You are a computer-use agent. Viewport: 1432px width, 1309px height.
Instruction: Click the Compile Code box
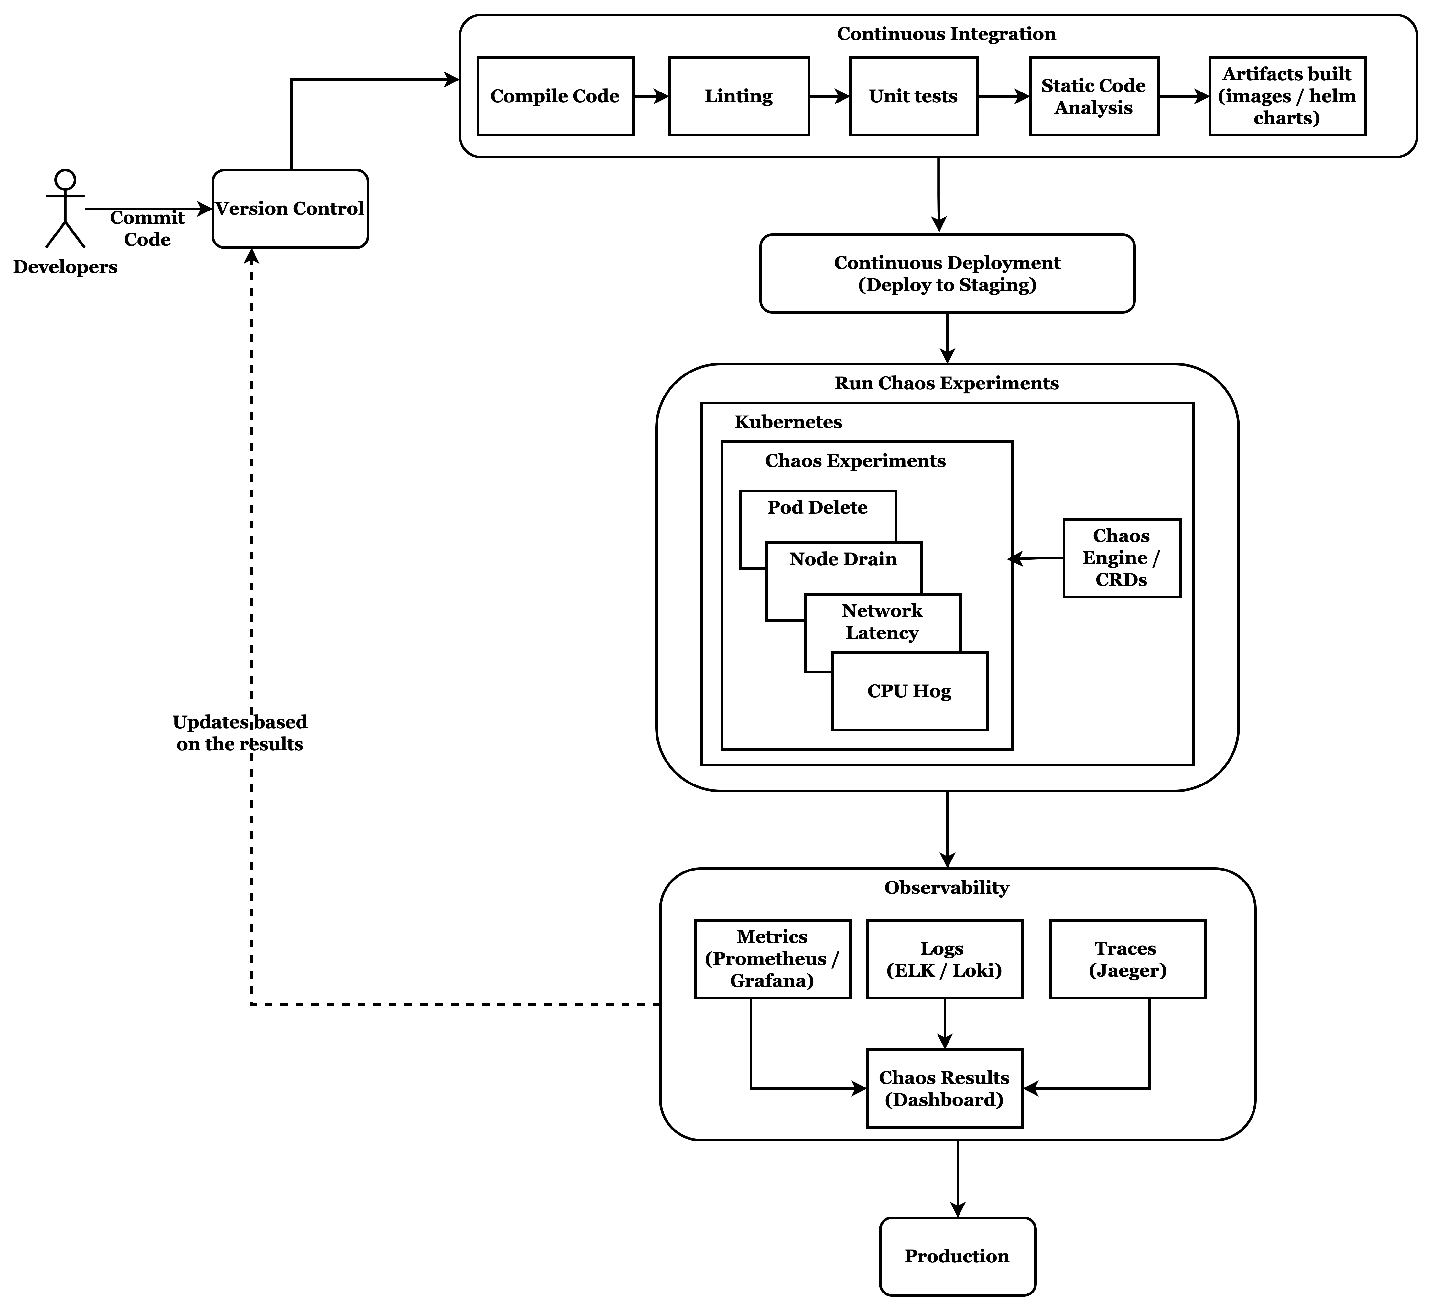[x=555, y=96]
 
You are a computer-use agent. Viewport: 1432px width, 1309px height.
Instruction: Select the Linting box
[x=739, y=96]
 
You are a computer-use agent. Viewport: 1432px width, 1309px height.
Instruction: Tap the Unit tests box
[x=914, y=96]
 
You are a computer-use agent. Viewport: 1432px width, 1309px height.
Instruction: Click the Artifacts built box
[x=1287, y=96]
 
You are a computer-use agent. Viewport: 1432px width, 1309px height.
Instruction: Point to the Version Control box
[x=290, y=209]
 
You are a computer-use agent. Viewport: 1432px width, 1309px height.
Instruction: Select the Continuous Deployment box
[x=947, y=274]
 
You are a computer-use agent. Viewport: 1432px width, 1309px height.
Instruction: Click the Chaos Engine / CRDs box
[x=1122, y=557]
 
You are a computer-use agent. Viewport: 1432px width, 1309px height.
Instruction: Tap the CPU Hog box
[x=909, y=691]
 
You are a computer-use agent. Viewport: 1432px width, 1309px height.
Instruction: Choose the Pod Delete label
[x=817, y=507]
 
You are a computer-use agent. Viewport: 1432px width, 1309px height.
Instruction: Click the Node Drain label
[x=843, y=559]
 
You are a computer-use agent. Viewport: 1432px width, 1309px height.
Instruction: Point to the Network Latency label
[x=882, y=622]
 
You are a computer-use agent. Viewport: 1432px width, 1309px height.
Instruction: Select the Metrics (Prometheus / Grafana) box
[x=772, y=959]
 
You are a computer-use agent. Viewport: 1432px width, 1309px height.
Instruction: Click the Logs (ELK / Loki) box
[x=944, y=959]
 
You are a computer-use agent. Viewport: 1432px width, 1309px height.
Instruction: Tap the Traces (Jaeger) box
[x=1127, y=959]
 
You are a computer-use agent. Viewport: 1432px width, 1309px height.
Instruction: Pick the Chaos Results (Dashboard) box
[x=944, y=1088]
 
